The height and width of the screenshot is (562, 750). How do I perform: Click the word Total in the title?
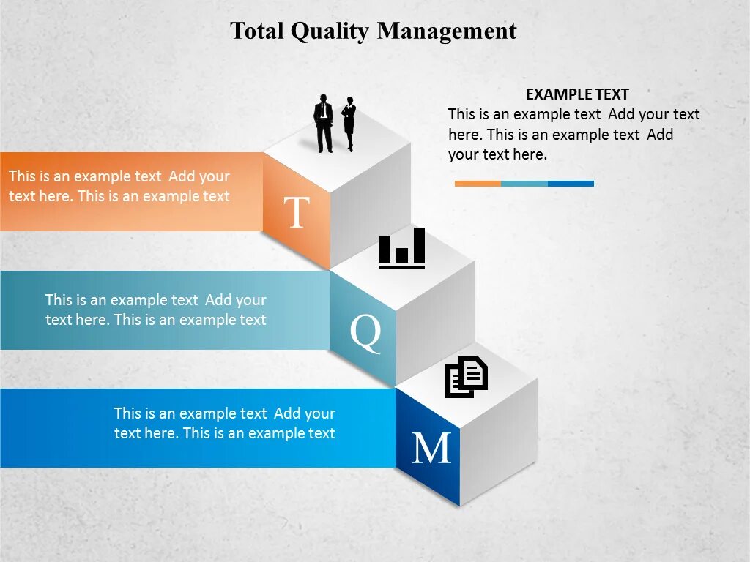coord(257,31)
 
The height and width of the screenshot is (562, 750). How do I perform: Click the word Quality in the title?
coord(330,31)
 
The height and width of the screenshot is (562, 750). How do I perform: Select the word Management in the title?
coord(448,31)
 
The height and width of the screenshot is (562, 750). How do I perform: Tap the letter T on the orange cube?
coord(296,213)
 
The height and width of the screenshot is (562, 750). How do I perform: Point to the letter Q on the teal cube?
coord(365,333)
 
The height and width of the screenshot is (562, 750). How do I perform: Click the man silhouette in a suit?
coord(324,123)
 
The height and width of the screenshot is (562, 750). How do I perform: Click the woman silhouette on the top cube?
coord(349,124)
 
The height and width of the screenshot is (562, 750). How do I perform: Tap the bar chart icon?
coord(401,248)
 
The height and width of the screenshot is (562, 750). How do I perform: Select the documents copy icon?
coord(467,376)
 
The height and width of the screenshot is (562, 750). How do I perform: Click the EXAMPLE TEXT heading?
coord(577,94)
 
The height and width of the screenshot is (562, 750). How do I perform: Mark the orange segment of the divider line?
coord(478,184)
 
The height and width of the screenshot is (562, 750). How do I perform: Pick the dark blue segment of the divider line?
coord(571,184)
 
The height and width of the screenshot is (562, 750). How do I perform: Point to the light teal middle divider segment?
coord(524,184)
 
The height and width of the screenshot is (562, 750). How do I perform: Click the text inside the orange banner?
coord(119,187)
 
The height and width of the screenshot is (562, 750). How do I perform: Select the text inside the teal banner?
coord(155,310)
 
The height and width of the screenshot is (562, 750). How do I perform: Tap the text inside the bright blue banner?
coord(224,423)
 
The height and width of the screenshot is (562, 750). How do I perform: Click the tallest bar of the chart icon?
coord(419,245)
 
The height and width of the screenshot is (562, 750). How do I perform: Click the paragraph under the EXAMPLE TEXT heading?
coord(573,135)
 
